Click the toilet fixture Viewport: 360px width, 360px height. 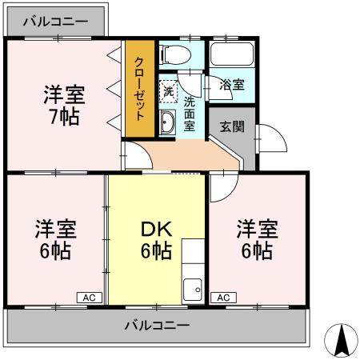click(x=174, y=54)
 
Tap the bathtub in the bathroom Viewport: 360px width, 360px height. click(x=230, y=57)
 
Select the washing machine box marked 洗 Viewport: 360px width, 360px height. click(x=168, y=90)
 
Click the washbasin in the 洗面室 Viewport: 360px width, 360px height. click(x=168, y=122)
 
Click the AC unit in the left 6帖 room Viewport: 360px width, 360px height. click(x=89, y=298)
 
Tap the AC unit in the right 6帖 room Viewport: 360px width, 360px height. click(x=223, y=298)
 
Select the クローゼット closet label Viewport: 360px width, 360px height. click(x=139, y=86)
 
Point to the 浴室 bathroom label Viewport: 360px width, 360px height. click(x=233, y=84)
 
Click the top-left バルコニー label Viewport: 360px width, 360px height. click(x=54, y=22)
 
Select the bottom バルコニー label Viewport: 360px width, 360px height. click(x=157, y=326)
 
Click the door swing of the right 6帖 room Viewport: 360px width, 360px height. click(x=223, y=183)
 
